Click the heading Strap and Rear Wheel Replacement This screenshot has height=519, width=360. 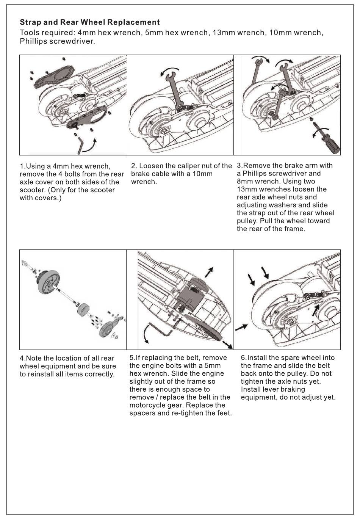coord(89,22)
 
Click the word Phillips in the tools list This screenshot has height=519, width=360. coord(34,41)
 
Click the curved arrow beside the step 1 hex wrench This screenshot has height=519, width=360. coord(91,146)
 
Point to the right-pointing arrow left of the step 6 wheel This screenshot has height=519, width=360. coord(241,327)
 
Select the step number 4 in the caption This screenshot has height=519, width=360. coord(22,358)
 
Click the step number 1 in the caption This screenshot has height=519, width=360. coord(22,166)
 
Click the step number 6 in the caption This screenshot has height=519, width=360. coord(243,358)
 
